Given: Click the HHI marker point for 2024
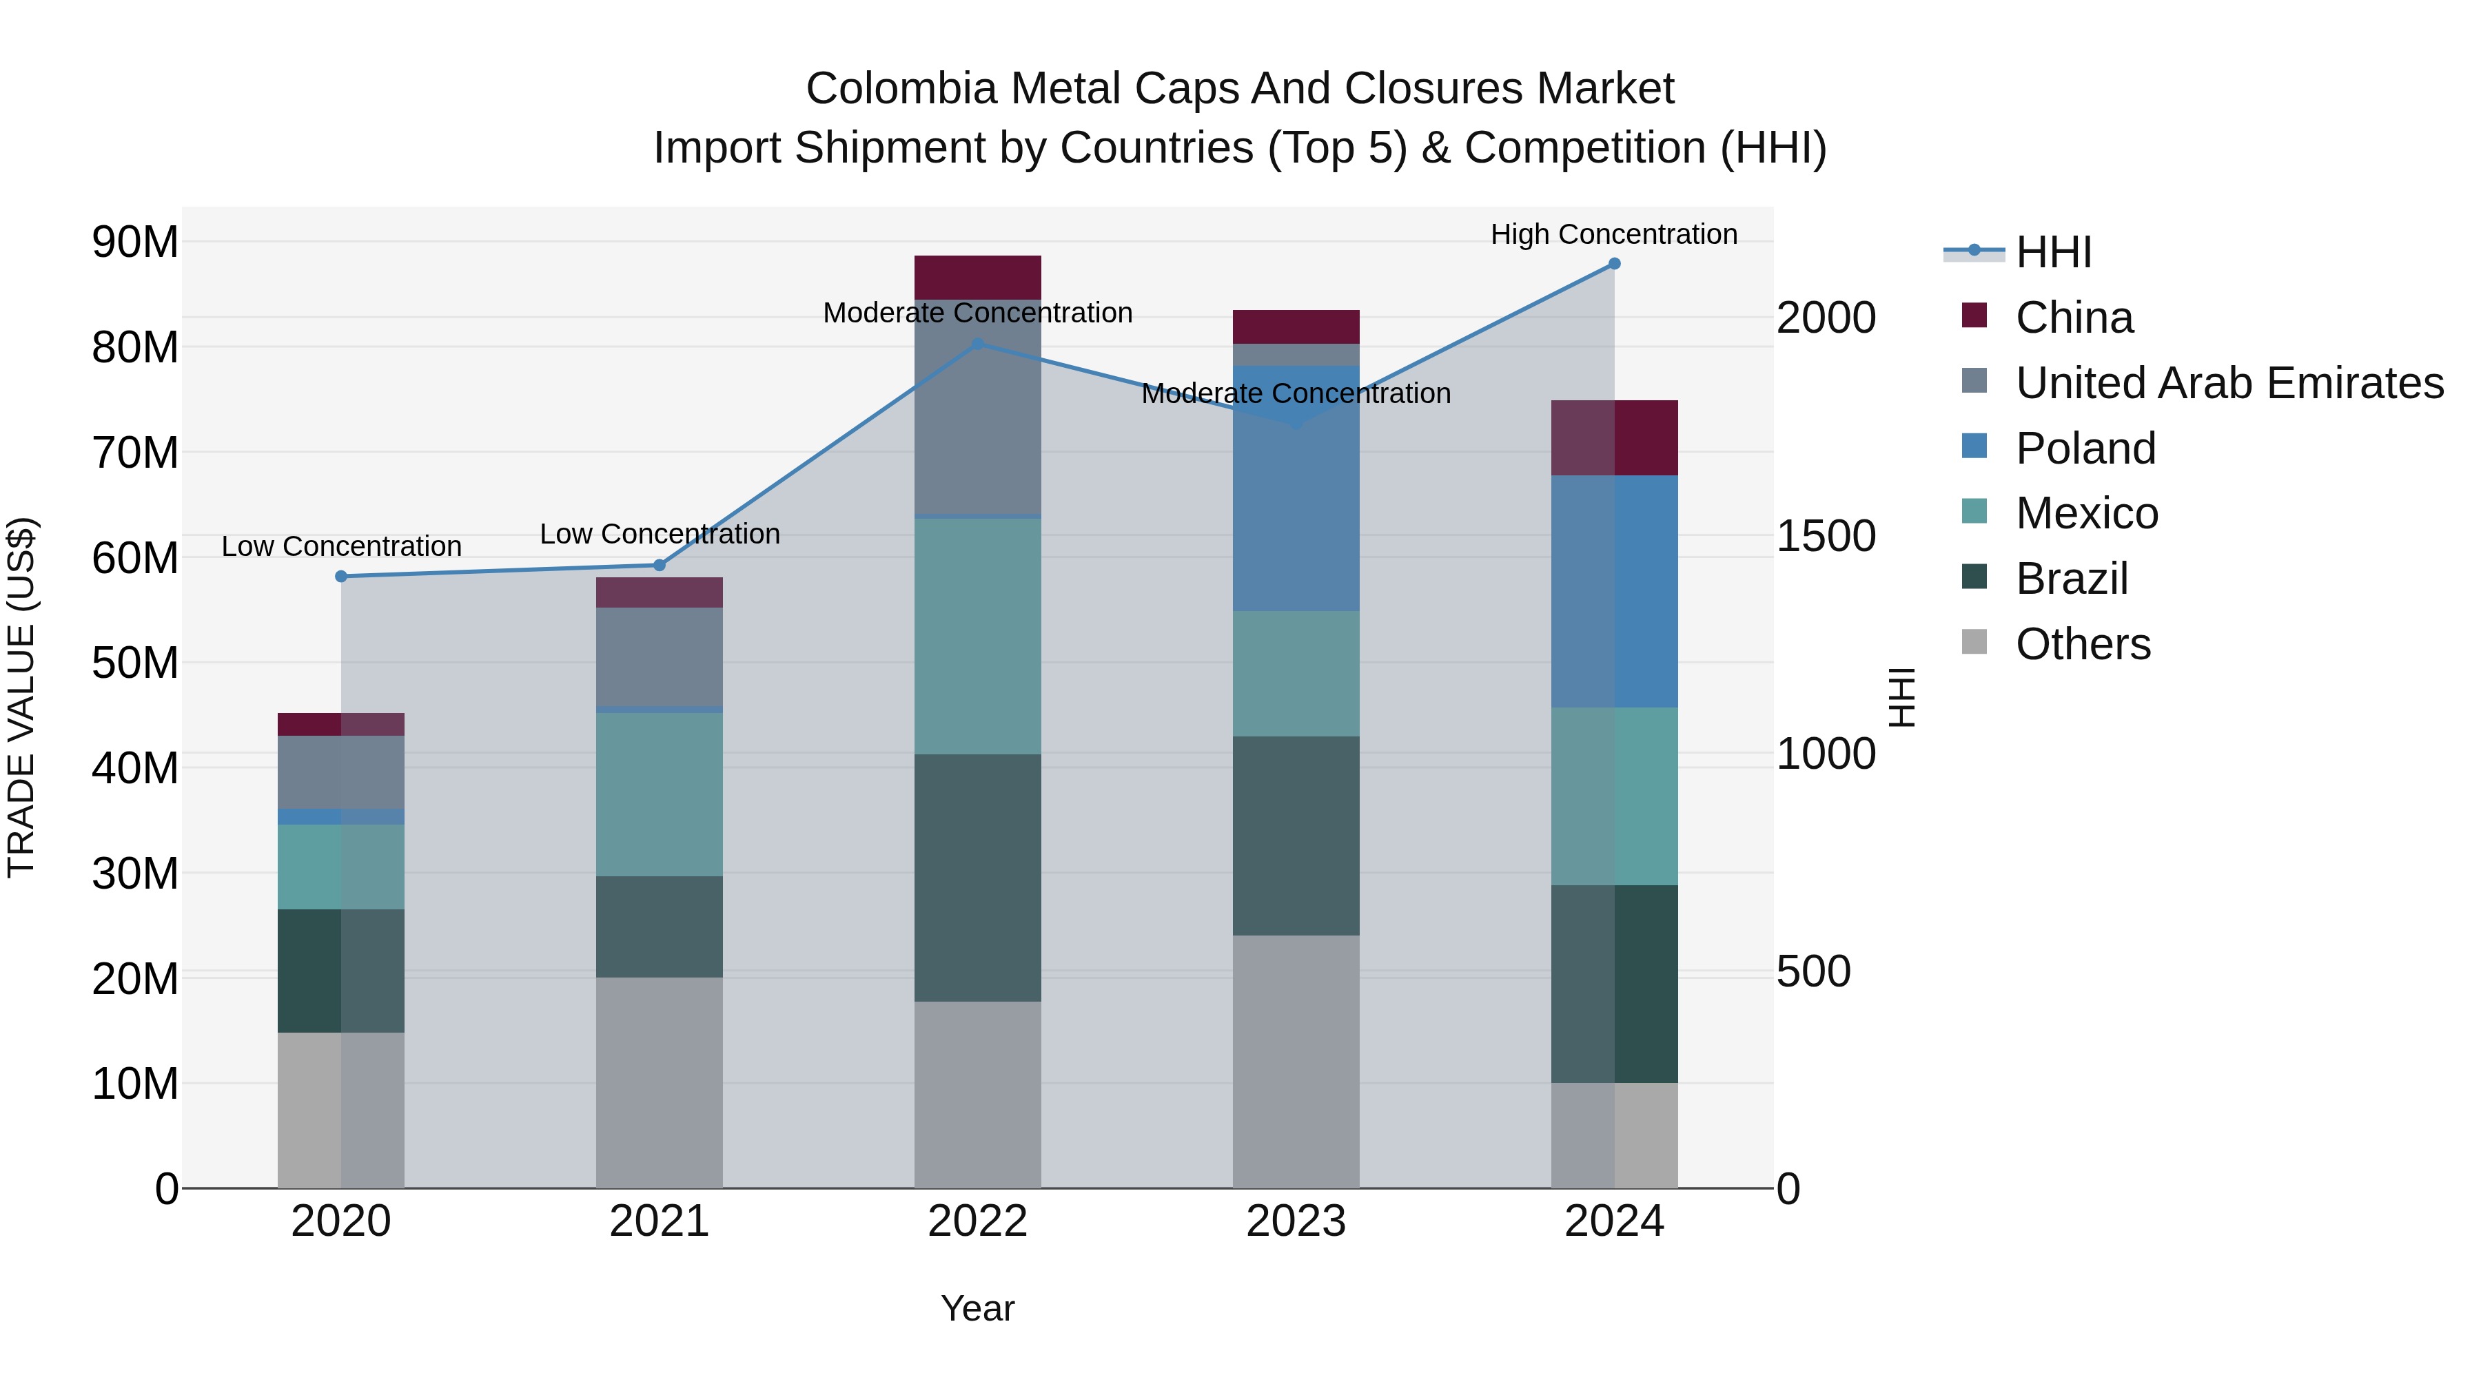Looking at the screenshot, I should [x=1614, y=264].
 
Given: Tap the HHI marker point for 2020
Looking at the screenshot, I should [x=341, y=577].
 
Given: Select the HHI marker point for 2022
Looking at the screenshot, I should [x=977, y=344].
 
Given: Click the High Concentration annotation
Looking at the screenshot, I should [x=1614, y=234].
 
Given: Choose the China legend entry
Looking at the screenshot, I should [x=2074, y=318].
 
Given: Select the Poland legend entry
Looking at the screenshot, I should [x=2085, y=448].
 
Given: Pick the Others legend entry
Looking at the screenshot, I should [x=2082, y=644].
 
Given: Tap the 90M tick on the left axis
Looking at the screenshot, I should [x=135, y=242].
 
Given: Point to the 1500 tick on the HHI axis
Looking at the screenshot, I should [x=1825, y=536].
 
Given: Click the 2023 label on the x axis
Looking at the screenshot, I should [x=1296, y=1221].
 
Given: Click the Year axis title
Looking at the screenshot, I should [x=977, y=1308].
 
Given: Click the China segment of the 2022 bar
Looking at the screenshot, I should [x=977, y=277].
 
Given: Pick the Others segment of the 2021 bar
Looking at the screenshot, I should [x=660, y=1082].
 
